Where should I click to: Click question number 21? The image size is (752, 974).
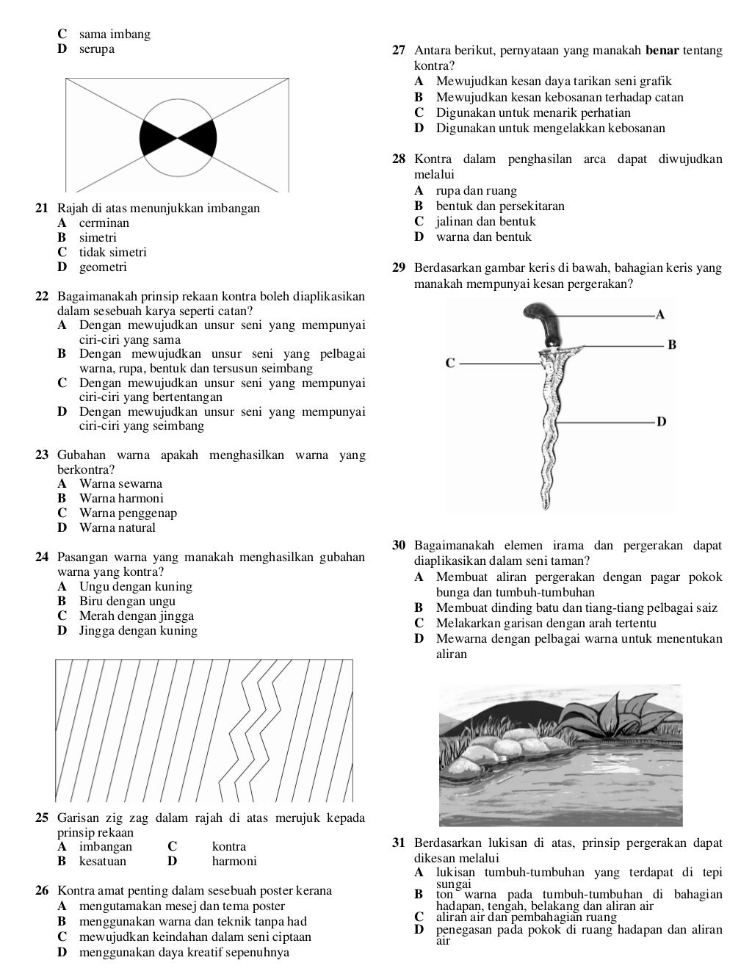point(42,209)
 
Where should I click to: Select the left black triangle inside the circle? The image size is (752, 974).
point(156,137)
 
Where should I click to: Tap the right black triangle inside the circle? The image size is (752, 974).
point(200,137)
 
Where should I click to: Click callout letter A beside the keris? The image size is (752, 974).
point(660,315)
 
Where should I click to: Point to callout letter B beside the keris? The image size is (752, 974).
point(671,344)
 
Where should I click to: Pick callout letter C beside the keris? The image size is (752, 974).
point(451,363)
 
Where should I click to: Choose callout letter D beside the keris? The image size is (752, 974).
point(661,422)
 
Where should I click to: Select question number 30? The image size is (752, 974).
point(399,546)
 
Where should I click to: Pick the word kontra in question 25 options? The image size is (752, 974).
point(229,847)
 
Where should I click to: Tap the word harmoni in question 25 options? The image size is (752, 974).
point(234,862)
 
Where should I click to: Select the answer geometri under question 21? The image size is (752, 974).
point(103,267)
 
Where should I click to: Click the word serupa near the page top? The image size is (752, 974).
point(97,49)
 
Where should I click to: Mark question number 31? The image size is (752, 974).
point(399,843)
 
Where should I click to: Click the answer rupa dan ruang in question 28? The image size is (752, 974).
point(476,191)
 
